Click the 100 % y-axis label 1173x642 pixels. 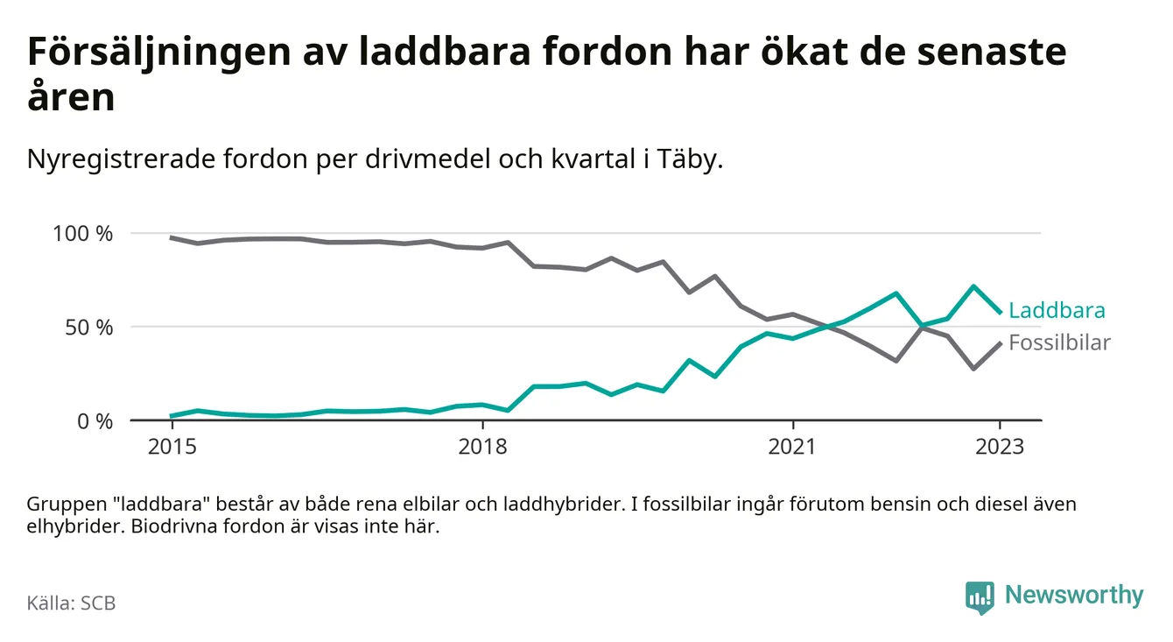84,234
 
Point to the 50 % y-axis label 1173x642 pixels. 89,328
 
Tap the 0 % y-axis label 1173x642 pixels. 95,421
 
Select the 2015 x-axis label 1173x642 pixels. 172,447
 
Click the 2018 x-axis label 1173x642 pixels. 482,447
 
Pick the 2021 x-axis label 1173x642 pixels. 793,447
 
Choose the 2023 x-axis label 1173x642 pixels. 1001,447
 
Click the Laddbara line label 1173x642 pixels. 1057,310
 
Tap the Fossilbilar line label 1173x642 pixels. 1059,342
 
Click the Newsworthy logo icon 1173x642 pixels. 980,596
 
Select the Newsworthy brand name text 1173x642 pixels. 1074,596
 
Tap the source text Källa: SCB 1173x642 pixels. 72,603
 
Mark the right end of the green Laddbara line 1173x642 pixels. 1001,313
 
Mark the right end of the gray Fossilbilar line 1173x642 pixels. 1001,342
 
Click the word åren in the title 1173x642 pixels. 71,98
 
